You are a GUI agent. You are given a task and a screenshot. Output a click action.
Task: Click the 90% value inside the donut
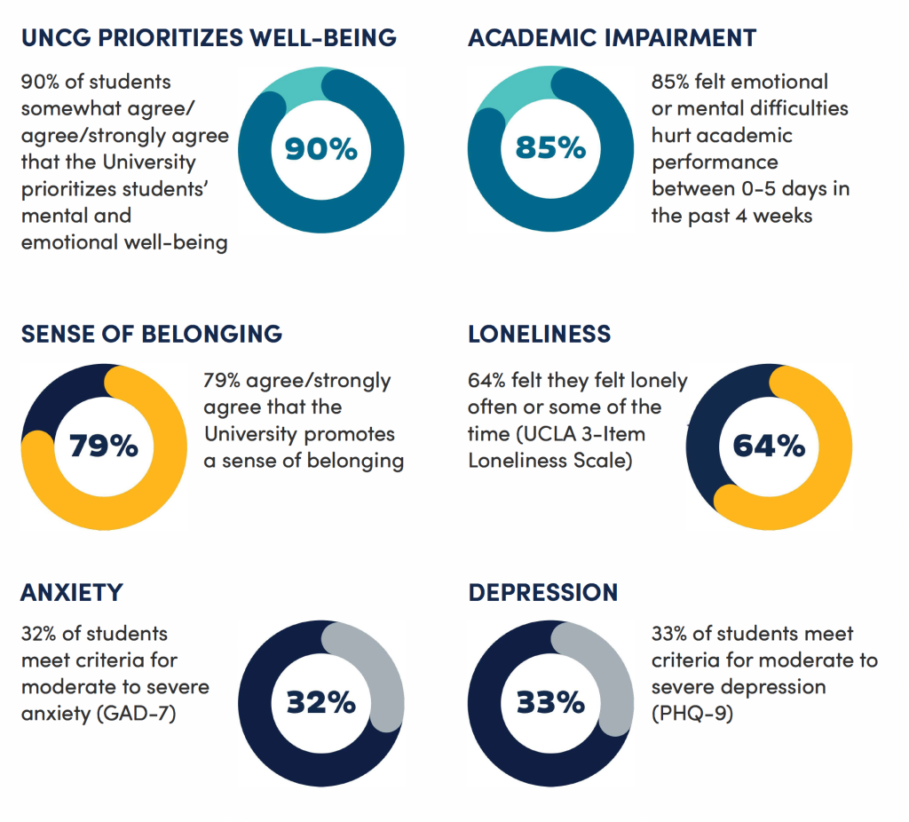[320, 148]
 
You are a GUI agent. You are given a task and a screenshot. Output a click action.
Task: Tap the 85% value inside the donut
[550, 147]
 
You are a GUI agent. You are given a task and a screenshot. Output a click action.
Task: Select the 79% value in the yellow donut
[104, 446]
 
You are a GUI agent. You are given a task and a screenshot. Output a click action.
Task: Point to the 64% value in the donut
[769, 446]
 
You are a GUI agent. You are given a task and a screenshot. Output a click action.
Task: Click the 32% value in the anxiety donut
[320, 702]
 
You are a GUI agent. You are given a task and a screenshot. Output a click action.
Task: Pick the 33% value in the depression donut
[550, 702]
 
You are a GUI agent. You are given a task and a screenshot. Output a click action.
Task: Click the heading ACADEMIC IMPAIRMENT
[612, 38]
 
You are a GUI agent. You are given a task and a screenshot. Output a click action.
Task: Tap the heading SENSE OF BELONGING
[151, 334]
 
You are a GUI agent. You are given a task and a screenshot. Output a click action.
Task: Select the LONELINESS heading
[539, 334]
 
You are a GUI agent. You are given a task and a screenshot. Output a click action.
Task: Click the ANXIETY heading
[71, 592]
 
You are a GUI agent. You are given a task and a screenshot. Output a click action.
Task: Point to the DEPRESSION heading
[542, 592]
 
